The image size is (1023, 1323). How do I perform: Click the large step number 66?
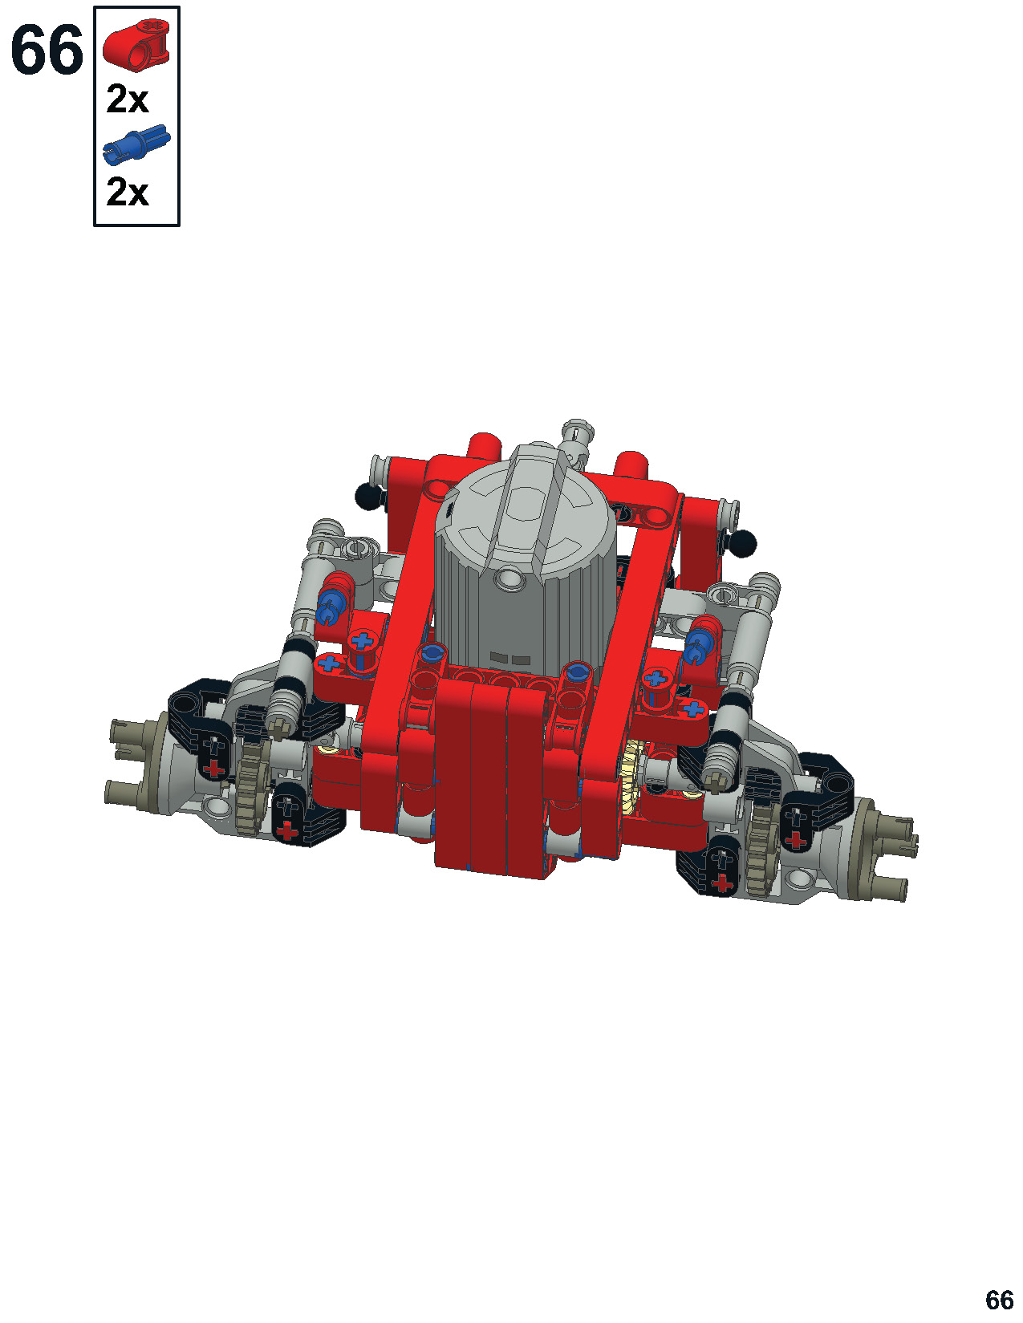click(x=47, y=51)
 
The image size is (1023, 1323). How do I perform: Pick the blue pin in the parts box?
click(x=136, y=145)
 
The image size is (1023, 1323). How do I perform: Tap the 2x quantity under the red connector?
click(x=128, y=99)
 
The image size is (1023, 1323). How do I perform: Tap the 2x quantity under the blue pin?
click(x=128, y=192)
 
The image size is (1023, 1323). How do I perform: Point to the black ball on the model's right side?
click(x=743, y=542)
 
